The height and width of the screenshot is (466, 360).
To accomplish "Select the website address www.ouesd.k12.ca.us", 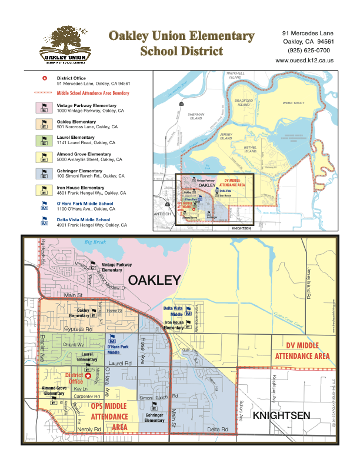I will click(x=305, y=61).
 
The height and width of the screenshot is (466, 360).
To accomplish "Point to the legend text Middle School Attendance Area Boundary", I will click(x=93, y=93).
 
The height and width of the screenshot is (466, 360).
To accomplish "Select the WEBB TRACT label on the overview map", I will click(x=294, y=102).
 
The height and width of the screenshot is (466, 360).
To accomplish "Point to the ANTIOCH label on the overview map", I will click(x=162, y=214).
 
